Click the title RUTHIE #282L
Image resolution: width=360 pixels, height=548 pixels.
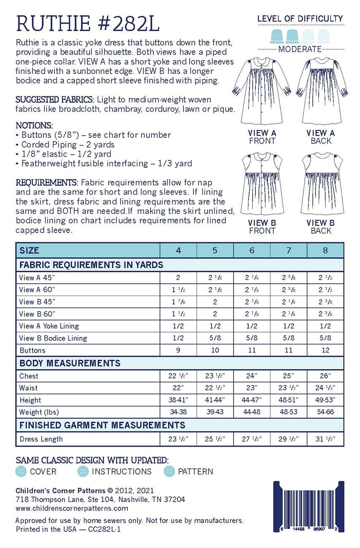coord(88,24)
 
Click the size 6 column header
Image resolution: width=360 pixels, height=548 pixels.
coord(252,250)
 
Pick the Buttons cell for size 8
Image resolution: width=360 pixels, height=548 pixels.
coord(325,350)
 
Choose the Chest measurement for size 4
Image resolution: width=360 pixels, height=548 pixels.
coord(178,376)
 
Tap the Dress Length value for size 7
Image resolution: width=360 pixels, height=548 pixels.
coord(288,439)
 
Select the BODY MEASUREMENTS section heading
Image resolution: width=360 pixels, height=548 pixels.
coord(70,363)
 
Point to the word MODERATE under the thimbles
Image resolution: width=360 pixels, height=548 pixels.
coord(300,49)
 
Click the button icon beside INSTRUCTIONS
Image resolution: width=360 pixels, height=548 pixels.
coord(83,471)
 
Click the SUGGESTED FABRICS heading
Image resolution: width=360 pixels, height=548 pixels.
coord(54,100)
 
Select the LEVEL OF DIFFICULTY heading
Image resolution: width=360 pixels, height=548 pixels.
coord(300,19)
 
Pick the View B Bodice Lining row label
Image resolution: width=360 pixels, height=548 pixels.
coord(53,338)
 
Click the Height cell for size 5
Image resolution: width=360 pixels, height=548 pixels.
coord(215,400)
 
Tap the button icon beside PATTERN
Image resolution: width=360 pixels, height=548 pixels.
coord(169,471)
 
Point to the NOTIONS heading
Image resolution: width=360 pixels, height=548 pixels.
coord(34,126)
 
